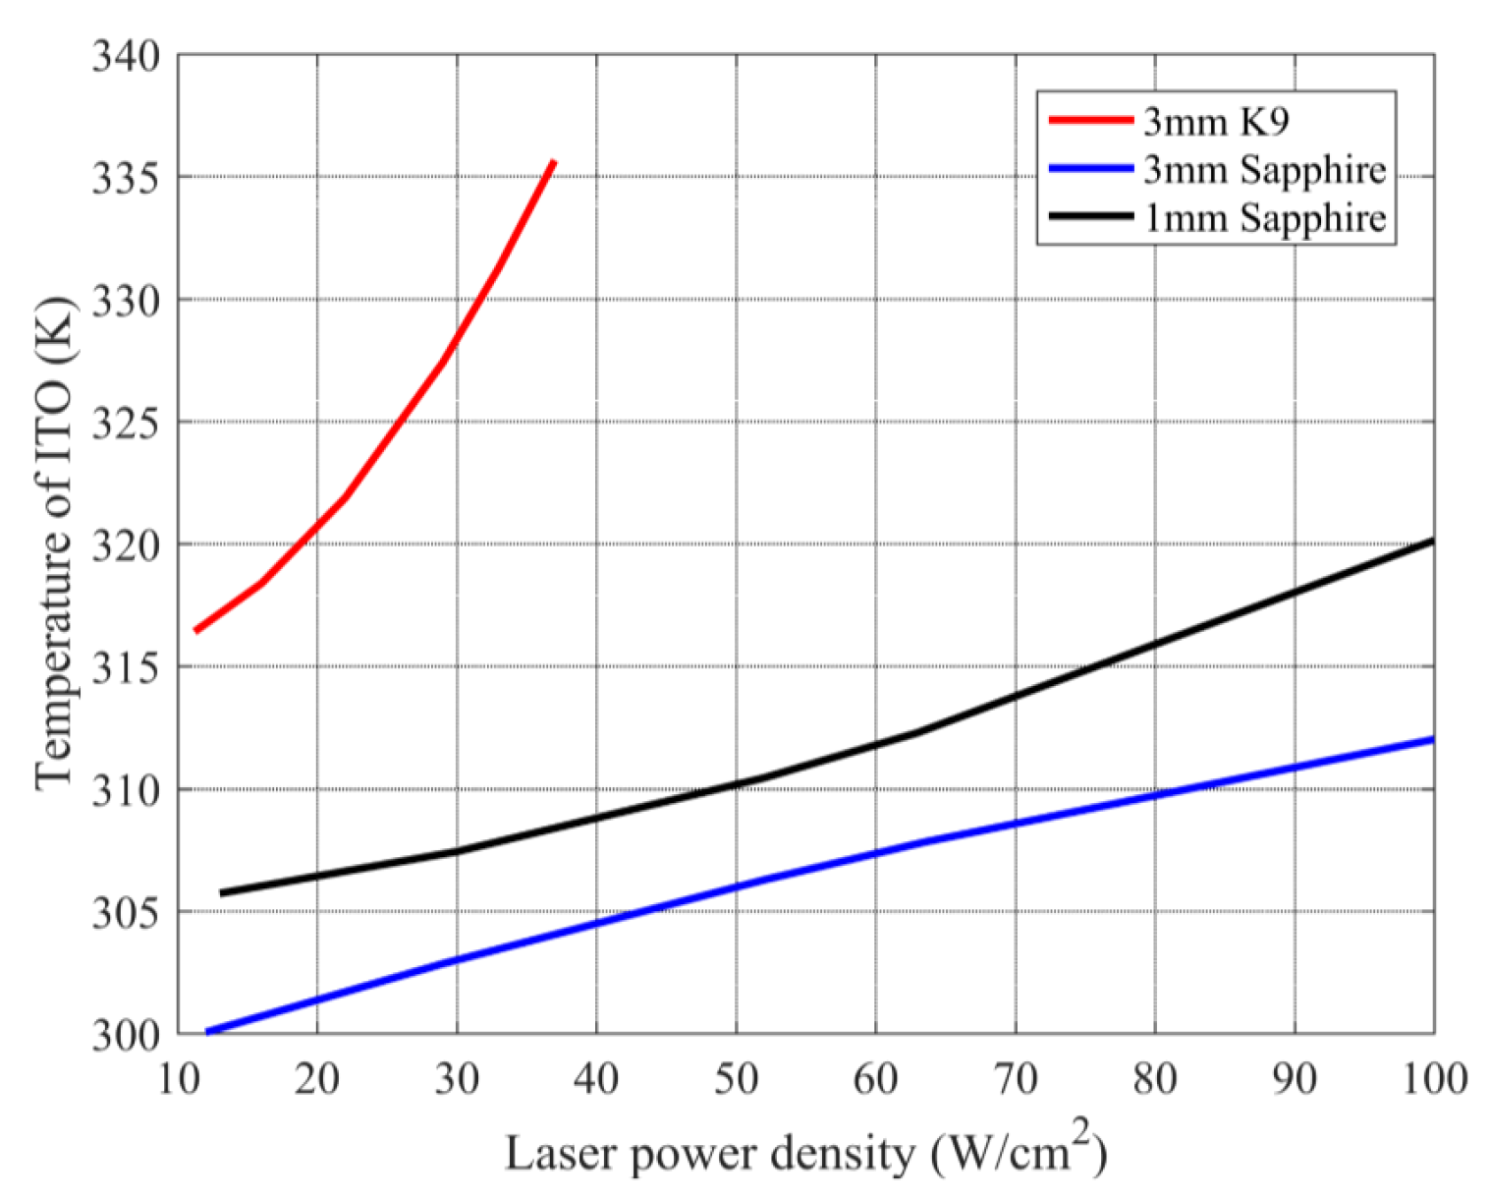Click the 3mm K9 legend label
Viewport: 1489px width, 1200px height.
(x=1215, y=121)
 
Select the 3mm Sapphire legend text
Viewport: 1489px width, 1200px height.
(x=1264, y=169)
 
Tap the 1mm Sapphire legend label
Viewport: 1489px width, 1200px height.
(x=1264, y=217)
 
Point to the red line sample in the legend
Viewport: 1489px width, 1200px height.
(x=1090, y=121)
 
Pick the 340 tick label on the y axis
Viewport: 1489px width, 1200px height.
(x=126, y=57)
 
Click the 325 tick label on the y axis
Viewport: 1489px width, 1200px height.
(x=126, y=424)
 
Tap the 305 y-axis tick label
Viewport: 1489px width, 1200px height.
(x=126, y=913)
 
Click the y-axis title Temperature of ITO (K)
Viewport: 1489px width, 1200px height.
(x=53, y=543)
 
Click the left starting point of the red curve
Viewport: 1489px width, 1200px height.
(x=196, y=630)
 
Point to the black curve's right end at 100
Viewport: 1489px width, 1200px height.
(x=1432, y=541)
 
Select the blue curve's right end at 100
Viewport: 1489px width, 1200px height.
(x=1432, y=739)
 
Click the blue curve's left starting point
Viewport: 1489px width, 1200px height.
(x=207, y=1032)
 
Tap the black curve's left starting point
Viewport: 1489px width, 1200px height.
(x=221, y=893)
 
